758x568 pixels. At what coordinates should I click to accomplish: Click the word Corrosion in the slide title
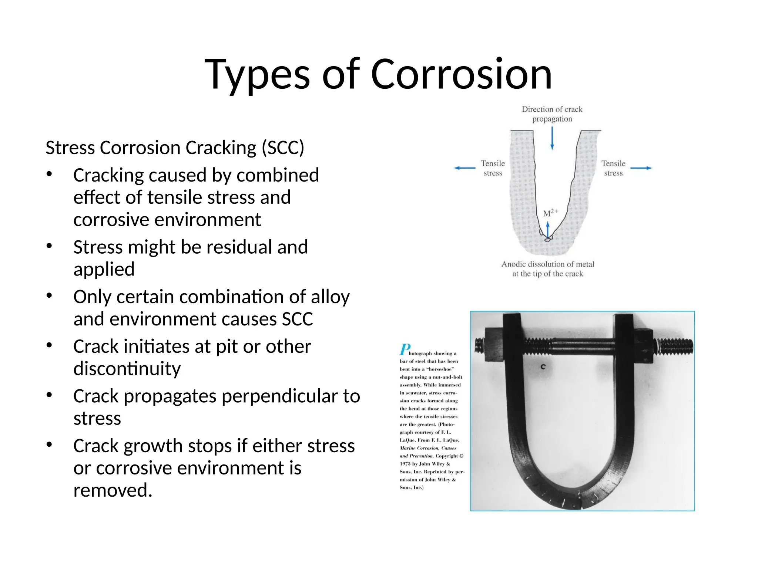click(461, 75)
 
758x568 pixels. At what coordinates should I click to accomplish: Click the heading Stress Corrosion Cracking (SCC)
click(175, 148)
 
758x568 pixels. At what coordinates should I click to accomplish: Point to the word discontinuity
click(127, 369)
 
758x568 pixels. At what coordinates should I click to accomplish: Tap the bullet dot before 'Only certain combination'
click(49, 296)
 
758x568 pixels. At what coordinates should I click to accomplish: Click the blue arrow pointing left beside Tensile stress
click(464, 168)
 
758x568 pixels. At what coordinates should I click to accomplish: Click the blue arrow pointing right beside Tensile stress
click(641, 168)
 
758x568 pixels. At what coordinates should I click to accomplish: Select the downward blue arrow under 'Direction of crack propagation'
click(552, 139)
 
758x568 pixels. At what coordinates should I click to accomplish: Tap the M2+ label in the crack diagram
click(550, 213)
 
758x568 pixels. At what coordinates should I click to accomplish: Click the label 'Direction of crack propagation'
click(552, 114)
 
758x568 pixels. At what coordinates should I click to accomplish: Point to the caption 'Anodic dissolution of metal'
click(547, 264)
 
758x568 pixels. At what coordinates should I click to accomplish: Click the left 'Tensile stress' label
click(493, 168)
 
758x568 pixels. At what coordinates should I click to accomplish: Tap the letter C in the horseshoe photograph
click(543, 367)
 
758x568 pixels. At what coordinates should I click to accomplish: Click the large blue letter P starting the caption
click(405, 349)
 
